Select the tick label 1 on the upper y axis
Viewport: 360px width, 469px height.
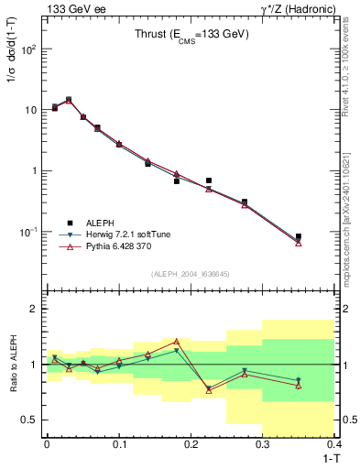34,170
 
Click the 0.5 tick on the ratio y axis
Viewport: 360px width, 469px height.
29,420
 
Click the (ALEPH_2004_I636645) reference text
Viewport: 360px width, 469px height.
191,273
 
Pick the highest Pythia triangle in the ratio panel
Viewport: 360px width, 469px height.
177,342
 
